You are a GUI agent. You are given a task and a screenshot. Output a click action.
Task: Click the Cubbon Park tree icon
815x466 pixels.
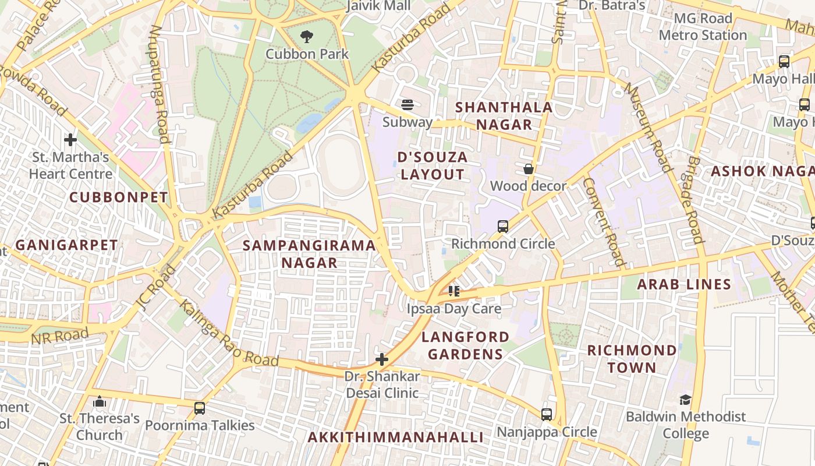click(x=307, y=37)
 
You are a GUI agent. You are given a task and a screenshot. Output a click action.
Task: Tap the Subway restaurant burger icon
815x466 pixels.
click(x=408, y=105)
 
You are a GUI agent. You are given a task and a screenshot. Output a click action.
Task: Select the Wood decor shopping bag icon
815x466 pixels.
click(x=529, y=170)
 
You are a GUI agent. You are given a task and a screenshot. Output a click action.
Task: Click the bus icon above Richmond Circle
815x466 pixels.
click(x=503, y=227)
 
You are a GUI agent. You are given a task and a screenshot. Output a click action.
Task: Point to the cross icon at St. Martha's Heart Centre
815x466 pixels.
click(x=70, y=140)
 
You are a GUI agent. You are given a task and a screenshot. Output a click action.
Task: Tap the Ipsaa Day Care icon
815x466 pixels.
click(x=454, y=291)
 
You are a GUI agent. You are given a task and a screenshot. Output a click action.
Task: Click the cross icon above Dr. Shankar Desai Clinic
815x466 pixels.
click(x=382, y=359)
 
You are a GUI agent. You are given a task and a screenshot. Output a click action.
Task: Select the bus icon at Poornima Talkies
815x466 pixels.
click(x=200, y=408)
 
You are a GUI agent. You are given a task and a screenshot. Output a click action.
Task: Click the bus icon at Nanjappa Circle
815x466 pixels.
click(x=547, y=415)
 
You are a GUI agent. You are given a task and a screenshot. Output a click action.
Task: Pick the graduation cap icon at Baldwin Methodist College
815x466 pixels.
click(x=685, y=400)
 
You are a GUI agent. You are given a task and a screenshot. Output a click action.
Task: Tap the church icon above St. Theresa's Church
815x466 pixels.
click(x=100, y=402)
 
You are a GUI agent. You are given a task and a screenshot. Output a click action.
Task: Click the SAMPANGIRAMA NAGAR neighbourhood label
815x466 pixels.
click(x=309, y=254)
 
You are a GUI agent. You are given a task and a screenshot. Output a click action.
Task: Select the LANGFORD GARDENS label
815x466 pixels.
click(x=465, y=345)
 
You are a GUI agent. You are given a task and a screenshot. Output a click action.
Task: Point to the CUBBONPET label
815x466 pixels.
click(x=119, y=197)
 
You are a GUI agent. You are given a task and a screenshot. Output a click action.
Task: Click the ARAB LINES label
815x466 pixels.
click(x=684, y=284)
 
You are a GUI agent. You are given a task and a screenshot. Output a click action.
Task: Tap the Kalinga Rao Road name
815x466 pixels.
click(x=228, y=334)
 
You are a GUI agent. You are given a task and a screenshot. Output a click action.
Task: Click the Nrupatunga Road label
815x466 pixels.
click(x=160, y=84)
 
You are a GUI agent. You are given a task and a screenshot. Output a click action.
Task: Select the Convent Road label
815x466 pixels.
click(x=604, y=221)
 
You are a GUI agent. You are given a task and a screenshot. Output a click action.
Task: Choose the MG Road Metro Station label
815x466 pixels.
click(x=703, y=27)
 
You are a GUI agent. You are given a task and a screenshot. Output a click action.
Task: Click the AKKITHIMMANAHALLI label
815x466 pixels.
click(x=395, y=437)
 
